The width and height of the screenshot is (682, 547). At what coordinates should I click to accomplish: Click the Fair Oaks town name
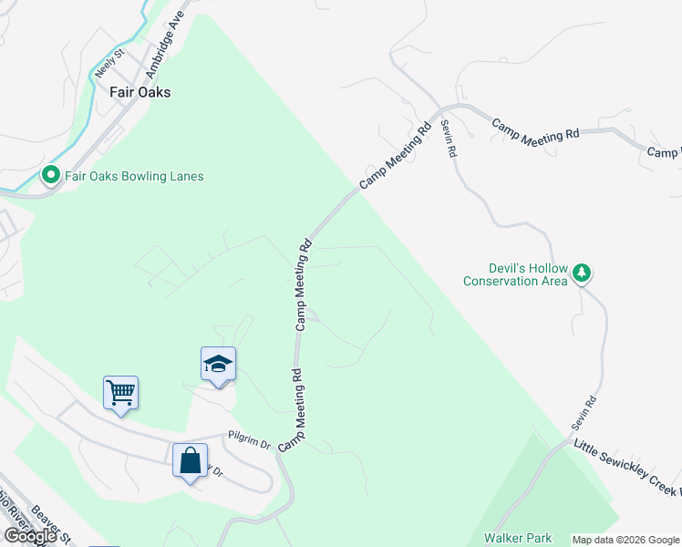tap(139, 92)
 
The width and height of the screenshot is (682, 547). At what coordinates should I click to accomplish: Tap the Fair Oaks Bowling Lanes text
tap(134, 176)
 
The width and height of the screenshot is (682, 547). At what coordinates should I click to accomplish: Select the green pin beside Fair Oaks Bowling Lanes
tap(51, 176)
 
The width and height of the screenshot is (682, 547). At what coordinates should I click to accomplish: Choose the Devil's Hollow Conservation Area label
tap(514, 274)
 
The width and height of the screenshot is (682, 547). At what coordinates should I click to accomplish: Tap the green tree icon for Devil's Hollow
tap(581, 273)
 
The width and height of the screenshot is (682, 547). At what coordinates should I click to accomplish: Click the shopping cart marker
tap(120, 393)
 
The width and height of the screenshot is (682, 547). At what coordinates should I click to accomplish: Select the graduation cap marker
tap(218, 365)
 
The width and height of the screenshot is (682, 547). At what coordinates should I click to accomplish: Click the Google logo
tap(30, 536)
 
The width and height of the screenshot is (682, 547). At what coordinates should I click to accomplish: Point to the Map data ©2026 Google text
tap(625, 540)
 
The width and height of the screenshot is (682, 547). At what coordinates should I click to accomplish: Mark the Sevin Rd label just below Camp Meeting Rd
tap(447, 139)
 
